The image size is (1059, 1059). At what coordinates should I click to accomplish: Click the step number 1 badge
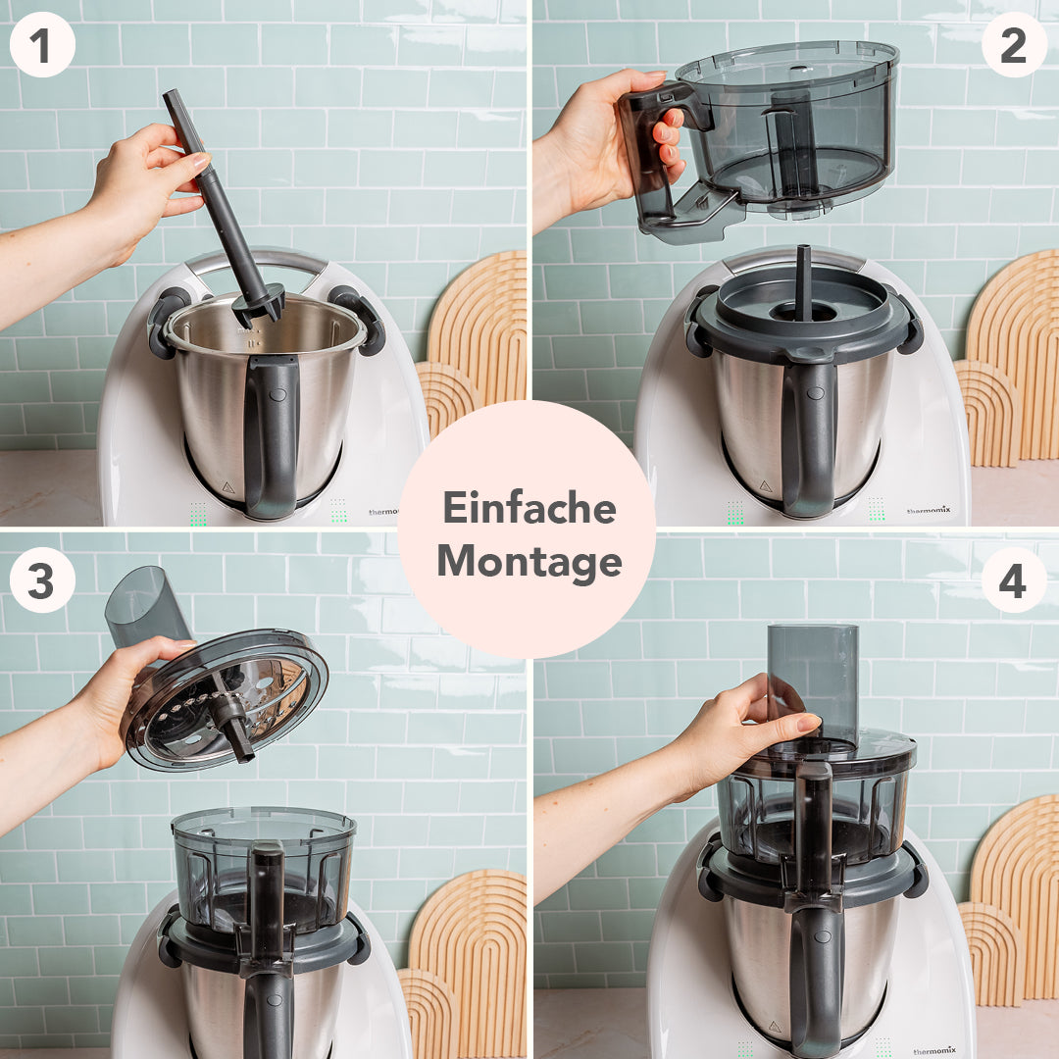(x=42, y=44)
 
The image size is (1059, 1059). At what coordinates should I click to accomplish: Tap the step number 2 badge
(x=1014, y=44)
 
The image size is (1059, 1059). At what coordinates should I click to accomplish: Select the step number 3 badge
(x=42, y=580)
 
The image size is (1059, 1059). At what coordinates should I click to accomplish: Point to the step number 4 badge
(x=1014, y=580)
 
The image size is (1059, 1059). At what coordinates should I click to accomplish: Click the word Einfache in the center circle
(x=529, y=508)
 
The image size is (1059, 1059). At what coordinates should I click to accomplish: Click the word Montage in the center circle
(x=529, y=563)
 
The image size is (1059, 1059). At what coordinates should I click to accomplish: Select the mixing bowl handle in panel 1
(x=271, y=431)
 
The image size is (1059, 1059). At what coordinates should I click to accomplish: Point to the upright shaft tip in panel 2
(x=803, y=279)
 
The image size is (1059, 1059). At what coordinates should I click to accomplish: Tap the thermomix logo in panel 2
(x=928, y=510)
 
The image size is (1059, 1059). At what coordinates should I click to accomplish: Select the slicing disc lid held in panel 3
(x=226, y=701)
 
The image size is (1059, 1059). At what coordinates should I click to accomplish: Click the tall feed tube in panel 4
(x=813, y=677)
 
